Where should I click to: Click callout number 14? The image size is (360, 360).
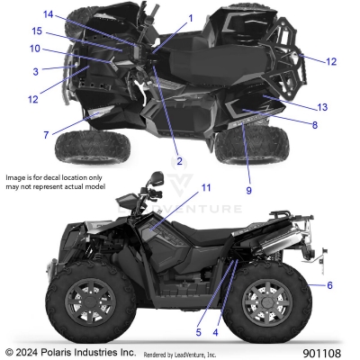tap(49, 13)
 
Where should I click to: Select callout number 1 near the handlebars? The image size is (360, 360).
tap(191, 18)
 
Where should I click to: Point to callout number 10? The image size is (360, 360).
tap(35, 49)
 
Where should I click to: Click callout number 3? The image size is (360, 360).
tap(35, 70)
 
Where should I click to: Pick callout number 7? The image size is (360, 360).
tap(46, 134)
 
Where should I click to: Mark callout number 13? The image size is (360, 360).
tap(322, 107)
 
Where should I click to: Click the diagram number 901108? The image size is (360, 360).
tap(328, 352)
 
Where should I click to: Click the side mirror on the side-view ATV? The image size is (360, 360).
tap(157, 177)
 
